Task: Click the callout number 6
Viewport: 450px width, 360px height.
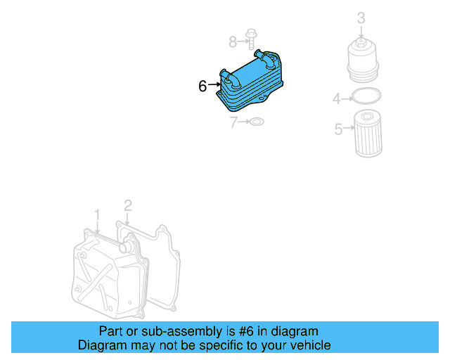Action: [x=202, y=86]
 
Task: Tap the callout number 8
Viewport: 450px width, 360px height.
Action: [x=233, y=42]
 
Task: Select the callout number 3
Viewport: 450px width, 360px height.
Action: [x=361, y=18]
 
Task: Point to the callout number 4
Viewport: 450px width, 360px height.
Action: [x=337, y=99]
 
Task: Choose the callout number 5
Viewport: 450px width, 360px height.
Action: [x=338, y=129]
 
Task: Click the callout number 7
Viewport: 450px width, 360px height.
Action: [x=234, y=123]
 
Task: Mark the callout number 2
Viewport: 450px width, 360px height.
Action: [x=127, y=205]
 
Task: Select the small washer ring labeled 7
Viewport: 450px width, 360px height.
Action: [x=257, y=122]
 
